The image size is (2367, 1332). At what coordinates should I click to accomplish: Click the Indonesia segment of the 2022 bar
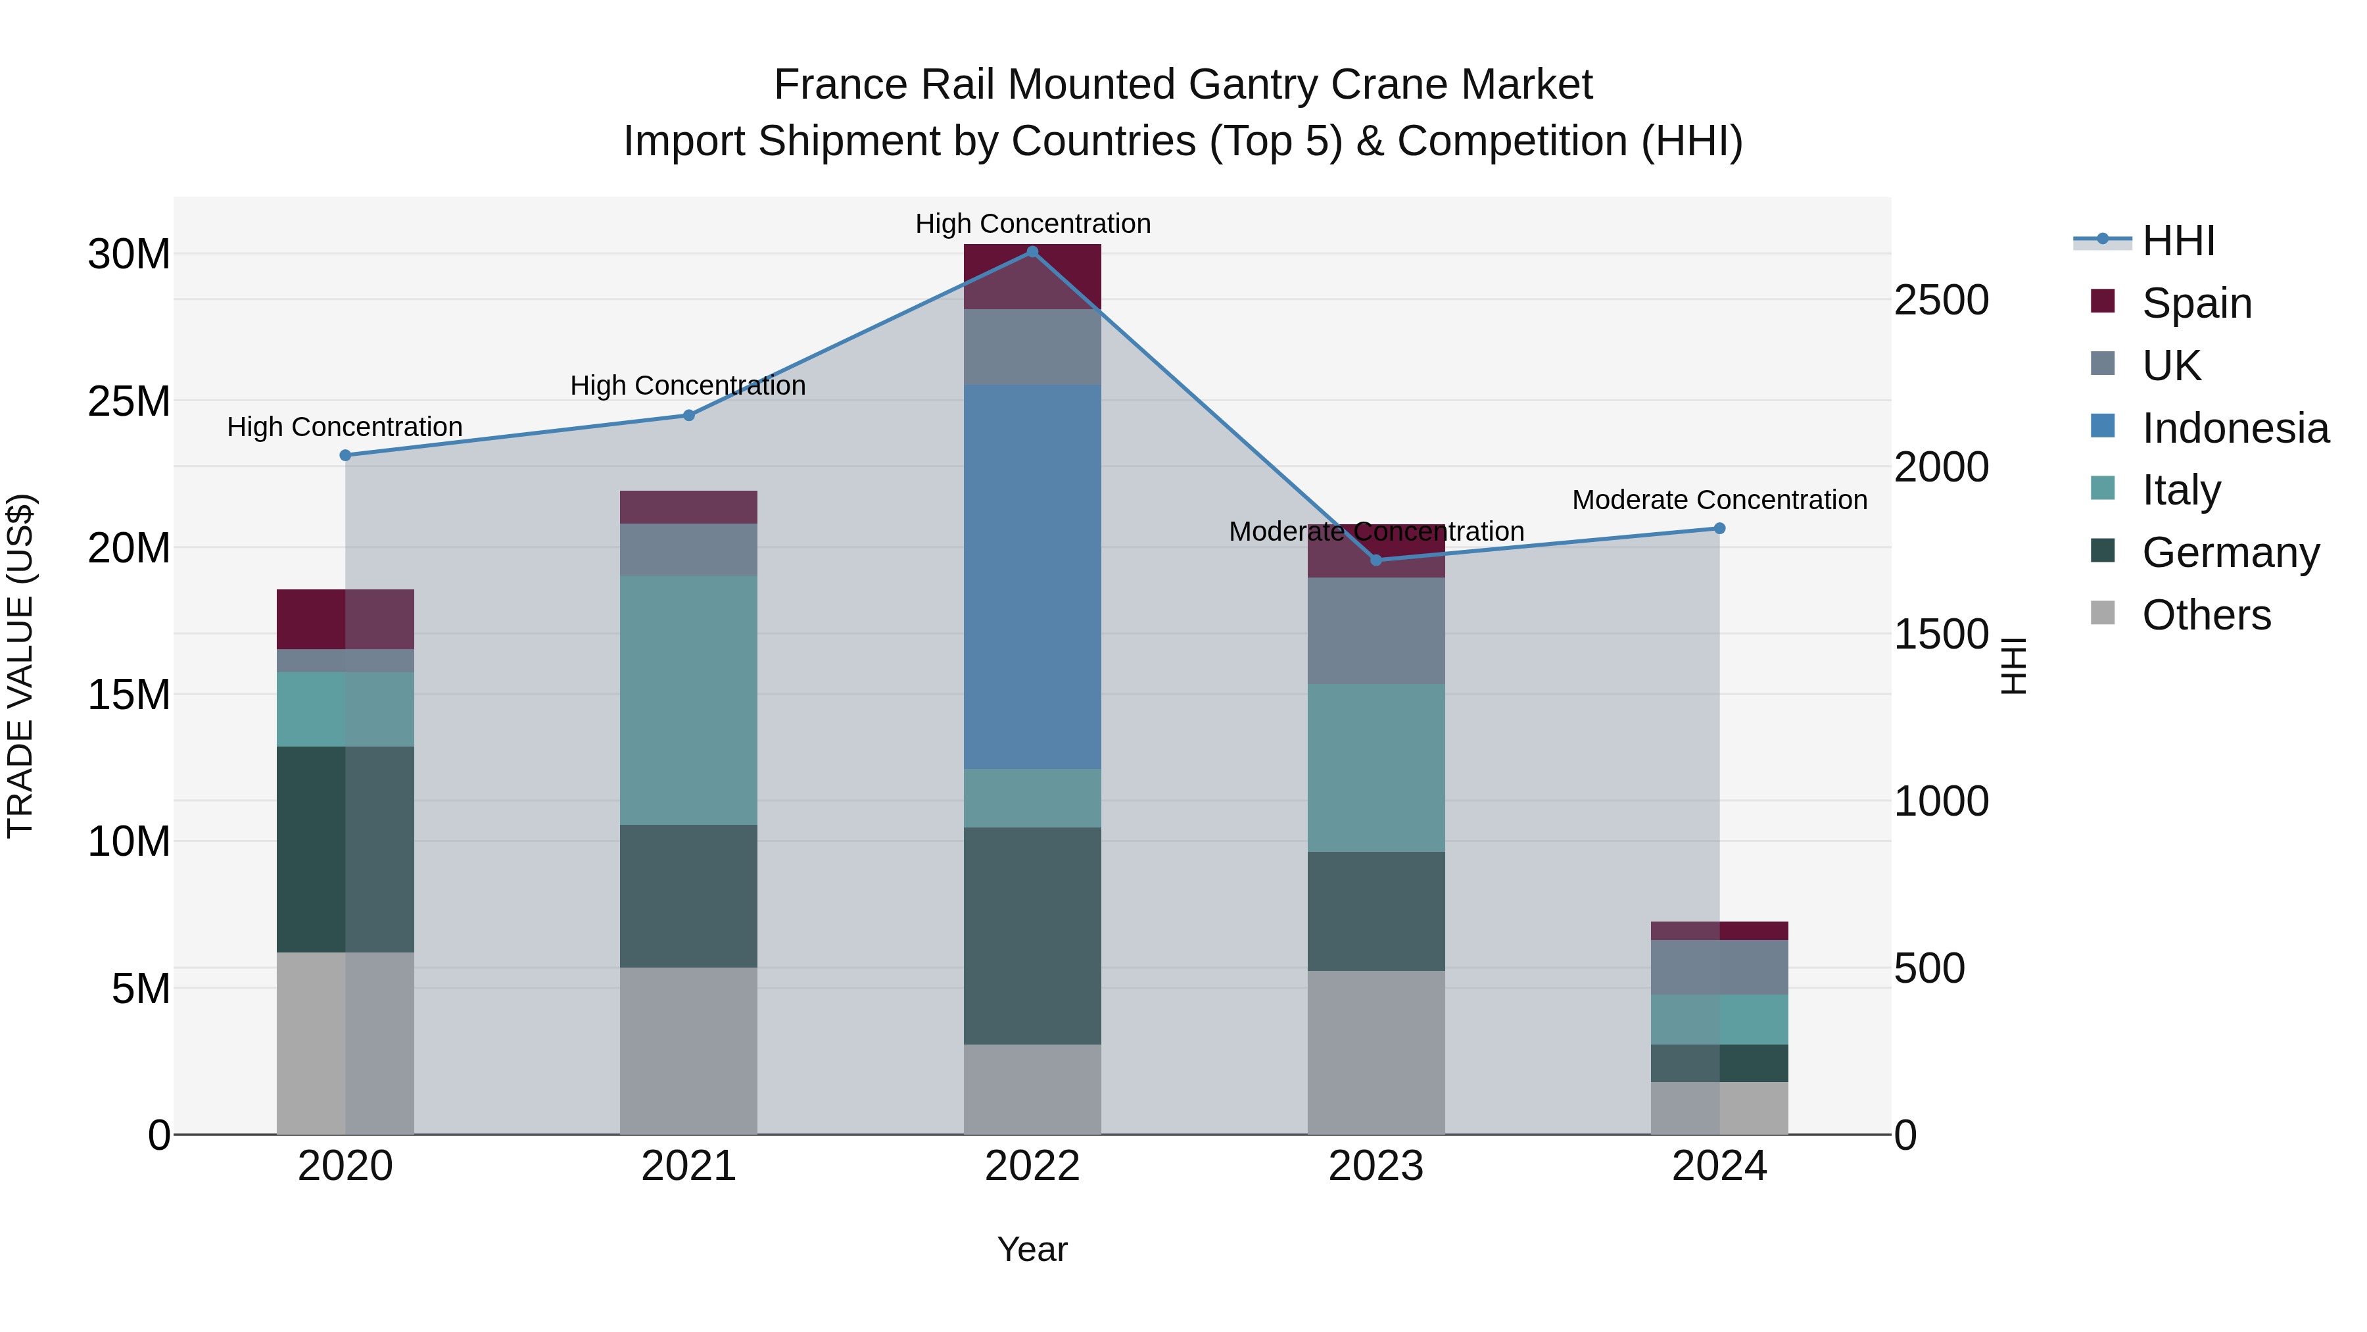tap(1032, 576)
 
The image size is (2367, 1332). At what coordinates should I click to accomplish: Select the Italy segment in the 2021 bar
tap(688, 700)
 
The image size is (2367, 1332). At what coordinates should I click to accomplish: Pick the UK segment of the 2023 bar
tap(1375, 631)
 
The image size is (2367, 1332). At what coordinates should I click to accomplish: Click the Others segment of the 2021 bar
tap(688, 1050)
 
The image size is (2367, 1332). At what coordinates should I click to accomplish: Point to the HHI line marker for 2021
tap(688, 416)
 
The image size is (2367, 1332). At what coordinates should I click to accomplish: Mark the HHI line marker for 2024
tap(1719, 529)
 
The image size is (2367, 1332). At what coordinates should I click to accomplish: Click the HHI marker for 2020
tap(345, 455)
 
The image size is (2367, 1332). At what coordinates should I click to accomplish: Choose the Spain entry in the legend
tap(2196, 303)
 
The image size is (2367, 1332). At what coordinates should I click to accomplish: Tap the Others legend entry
tap(2205, 615)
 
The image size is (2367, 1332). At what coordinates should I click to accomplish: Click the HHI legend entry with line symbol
tap(2178, 241)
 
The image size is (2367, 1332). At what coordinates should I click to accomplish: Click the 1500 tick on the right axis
tap(1941, 634)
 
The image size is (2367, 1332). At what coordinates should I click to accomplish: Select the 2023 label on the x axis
tap(1375, 1166)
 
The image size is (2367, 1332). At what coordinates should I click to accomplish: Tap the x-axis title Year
tap(1032, 1249)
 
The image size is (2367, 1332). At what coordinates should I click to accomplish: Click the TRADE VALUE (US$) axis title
tap(21, 666)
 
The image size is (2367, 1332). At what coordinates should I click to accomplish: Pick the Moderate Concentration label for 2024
tap(1719, 500)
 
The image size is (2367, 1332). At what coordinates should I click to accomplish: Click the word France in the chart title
tap(832, 85)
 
